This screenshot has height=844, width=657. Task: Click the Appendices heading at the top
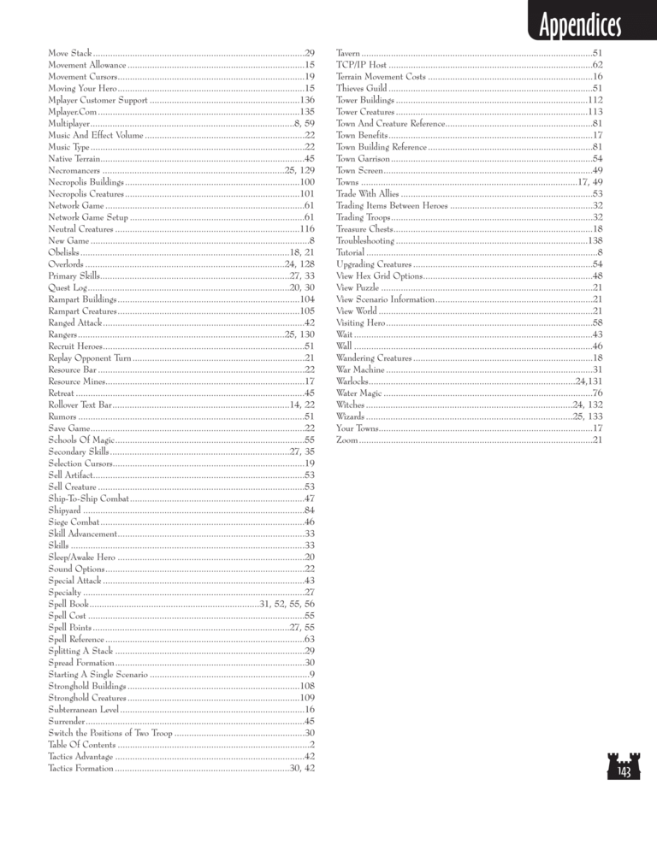point(574,26)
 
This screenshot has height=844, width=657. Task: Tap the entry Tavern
point(349,53)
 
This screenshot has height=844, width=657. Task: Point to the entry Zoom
point(347,440)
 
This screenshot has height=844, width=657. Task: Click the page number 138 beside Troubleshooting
point(596,241)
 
